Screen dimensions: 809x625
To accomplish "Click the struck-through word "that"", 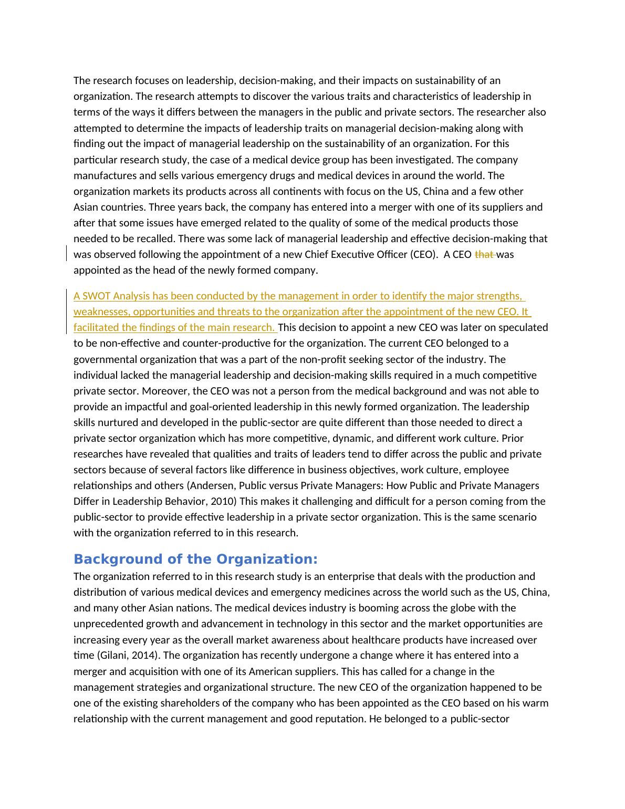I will [484, 255].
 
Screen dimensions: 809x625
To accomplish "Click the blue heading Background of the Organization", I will [195, 559].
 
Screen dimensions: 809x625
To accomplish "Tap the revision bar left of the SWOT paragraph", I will [67, 312].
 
